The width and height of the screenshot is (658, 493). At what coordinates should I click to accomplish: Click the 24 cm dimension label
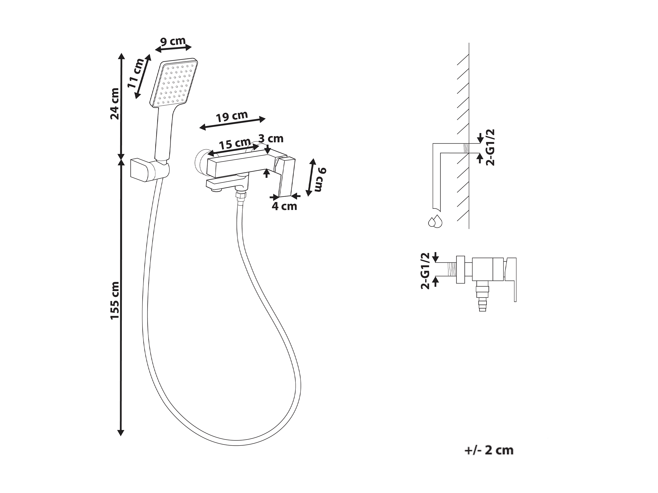coord(115,104)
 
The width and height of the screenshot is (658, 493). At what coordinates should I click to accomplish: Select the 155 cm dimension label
coord(115,300)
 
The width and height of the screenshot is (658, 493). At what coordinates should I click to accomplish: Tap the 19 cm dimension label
coord(232,116)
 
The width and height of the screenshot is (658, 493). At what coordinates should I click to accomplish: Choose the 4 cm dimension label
coord(284,206)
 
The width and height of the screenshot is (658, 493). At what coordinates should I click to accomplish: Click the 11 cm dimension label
coord(136,73)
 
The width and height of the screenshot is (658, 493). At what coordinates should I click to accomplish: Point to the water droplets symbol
coord(435,222)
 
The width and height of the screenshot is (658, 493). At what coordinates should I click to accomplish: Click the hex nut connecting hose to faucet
coord(240,197)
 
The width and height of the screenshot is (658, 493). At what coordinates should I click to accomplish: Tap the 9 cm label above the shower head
coord(173,41)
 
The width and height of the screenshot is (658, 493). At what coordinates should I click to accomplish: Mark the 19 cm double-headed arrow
coord(232,123)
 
